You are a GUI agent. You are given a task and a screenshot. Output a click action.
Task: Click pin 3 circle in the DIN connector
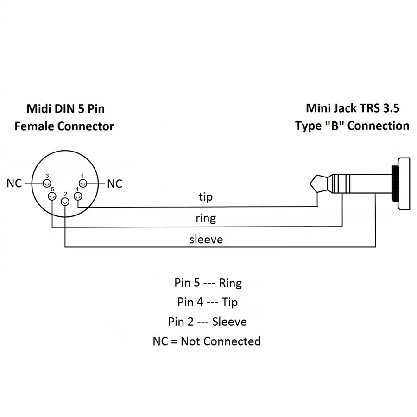coord(46,183)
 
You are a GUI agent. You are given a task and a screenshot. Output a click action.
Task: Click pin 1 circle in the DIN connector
coord(83,183)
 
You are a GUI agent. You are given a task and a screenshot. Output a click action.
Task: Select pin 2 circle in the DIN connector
coord(65,201)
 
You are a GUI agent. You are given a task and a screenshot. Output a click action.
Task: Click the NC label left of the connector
coord(14,183)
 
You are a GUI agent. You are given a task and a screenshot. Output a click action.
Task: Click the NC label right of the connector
coord(115,184)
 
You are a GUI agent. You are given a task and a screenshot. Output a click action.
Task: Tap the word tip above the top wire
coord(206,197)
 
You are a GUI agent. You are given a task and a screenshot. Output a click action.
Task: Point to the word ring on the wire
coord(206,217)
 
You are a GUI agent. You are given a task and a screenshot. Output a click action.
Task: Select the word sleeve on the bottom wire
coord(206,240)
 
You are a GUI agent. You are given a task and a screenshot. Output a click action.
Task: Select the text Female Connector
coord(64,126)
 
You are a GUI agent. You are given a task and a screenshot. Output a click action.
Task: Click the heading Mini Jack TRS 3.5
coord(353,108)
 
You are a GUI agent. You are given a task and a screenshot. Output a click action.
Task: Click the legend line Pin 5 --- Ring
coord(208,283)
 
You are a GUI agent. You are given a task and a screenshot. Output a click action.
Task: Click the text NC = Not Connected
coord(207,341)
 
